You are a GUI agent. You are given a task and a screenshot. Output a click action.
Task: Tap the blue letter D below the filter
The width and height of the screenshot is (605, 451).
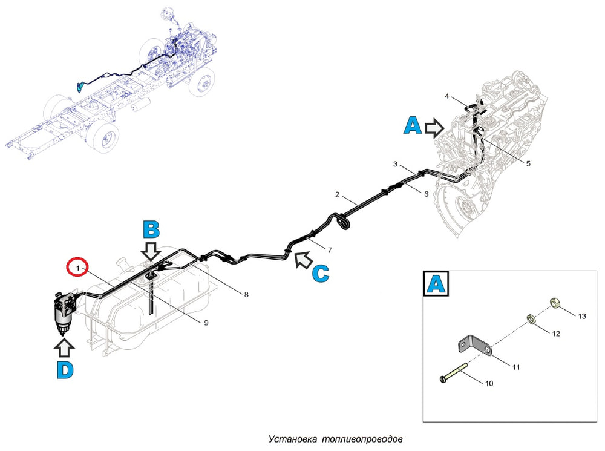coord(65,370)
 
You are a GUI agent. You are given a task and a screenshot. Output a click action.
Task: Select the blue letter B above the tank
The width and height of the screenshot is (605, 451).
coord(151,229)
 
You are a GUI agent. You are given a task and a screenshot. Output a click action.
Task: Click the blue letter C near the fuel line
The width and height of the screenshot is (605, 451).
coord(320,274)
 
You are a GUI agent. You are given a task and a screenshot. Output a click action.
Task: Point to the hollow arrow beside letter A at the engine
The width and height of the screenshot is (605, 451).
coord(434,128)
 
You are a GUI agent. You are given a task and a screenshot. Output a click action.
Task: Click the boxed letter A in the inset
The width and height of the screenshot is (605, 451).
coord(436,284)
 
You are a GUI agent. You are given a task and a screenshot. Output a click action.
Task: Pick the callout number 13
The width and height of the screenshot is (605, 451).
coord(582,316)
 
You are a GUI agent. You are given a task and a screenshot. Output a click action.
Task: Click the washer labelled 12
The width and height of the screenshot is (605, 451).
coord(532,319)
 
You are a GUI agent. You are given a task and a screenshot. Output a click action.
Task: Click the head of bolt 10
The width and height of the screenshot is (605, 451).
coord(443,379)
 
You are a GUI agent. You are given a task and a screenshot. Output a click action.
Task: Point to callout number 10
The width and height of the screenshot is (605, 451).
coord(489,383)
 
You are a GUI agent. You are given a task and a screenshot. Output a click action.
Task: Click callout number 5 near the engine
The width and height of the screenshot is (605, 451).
coord(528,163)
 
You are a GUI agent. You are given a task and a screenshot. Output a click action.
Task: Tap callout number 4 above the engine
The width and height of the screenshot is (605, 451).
coord(447,96)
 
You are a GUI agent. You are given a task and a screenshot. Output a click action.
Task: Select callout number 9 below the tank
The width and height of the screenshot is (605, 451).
coord(206,323)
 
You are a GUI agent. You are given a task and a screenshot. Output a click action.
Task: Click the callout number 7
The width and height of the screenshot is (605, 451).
coord(330,250)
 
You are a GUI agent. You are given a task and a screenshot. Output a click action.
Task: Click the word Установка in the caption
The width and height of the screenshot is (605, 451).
coord(293,439)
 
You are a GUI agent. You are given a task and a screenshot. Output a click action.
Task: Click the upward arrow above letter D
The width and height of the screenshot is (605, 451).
coord(64,346)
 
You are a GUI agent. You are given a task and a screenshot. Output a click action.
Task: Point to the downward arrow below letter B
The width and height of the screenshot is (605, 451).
coord(151,251)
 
